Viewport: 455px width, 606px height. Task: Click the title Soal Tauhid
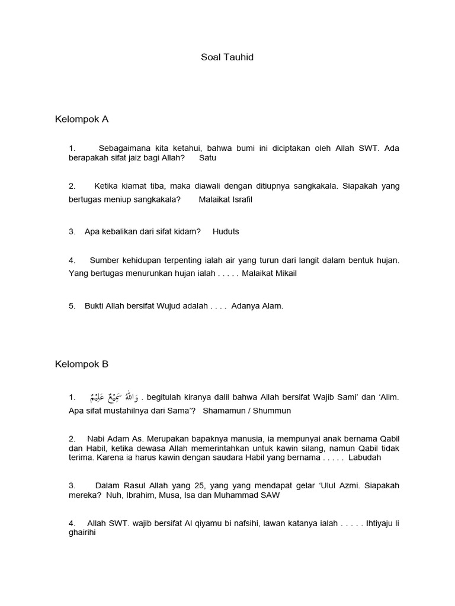(227, 57)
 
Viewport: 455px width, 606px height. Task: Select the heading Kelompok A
(82, 119)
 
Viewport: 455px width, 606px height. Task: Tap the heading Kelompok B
(82, 364)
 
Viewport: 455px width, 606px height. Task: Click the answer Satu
(208, 159)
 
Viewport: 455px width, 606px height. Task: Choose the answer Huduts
(226, 231)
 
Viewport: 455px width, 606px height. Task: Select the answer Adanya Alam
(257, 306)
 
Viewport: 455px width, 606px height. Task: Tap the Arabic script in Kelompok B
(113, 397)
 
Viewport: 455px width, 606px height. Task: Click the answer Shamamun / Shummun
(247, 411)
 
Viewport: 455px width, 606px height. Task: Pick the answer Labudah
(365, 457)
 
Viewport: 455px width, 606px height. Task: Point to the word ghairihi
(82, 533)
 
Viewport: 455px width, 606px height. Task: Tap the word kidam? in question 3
(187, 231)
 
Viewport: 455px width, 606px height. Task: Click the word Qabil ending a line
(388, 439)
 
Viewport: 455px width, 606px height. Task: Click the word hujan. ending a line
(388, 260)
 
